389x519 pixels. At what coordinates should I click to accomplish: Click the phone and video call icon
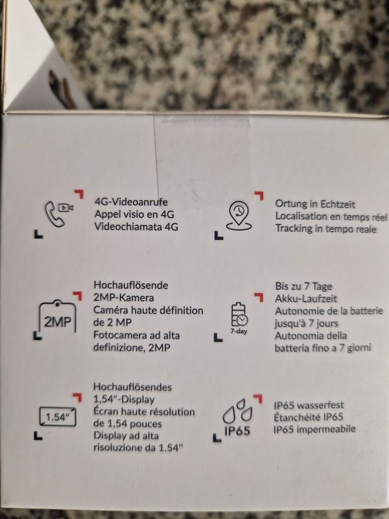coord(59,214)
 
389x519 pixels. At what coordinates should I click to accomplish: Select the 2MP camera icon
coord(58,316)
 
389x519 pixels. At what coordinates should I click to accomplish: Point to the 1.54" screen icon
coord(58,417)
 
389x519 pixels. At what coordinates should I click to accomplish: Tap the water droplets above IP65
coord(237,411)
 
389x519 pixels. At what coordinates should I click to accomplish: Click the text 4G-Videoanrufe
coord(131,202)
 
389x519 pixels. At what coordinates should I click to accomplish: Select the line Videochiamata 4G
coord(136,227)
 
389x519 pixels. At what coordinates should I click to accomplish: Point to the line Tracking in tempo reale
coord(326,229)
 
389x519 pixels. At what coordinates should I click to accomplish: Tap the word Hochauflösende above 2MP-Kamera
coord(131,285)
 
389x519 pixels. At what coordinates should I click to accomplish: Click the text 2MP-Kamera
coord(124,298)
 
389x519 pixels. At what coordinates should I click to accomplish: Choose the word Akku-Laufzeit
coord(306,298)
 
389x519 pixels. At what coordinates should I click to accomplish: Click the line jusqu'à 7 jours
coord(306,323)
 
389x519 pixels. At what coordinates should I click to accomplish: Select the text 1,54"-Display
coord(124,399)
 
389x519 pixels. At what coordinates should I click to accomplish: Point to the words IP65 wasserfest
coord(309,405)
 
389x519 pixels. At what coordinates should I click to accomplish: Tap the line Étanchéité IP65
coord(308,417)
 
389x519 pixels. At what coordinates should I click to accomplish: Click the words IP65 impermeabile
coord(314,429)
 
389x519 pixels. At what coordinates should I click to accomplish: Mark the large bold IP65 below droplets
coord(237,430)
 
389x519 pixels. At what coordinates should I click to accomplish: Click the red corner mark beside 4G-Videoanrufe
coord(79,194)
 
